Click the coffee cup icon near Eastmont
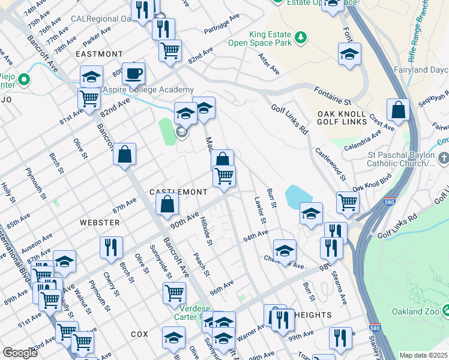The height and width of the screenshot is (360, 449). pos(133,74)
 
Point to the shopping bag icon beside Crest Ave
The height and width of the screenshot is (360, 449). pos(398,110)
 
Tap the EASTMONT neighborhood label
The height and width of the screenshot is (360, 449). pos(99,54)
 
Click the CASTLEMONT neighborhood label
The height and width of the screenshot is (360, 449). pos(178,191)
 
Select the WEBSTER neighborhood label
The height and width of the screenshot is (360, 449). pos(100,222)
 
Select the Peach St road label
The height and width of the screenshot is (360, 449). pos(200,265)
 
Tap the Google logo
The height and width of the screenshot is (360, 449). pos(20,353)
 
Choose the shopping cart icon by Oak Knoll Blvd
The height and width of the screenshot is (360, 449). pos(348,203)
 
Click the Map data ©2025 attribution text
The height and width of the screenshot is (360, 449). pos(423,355)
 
